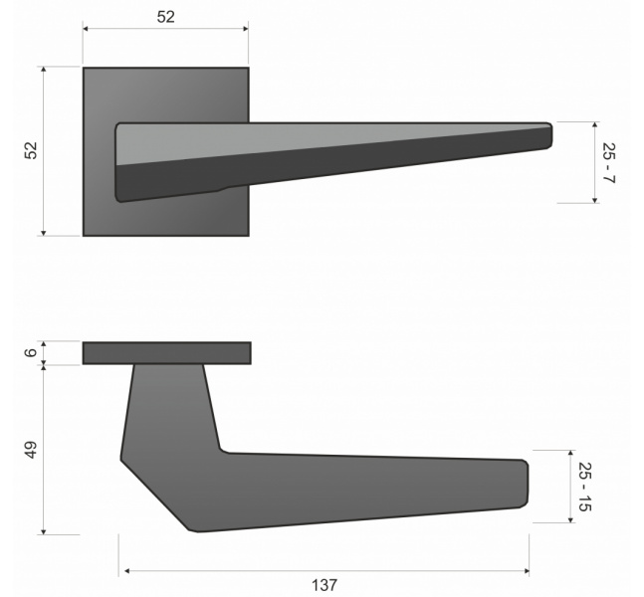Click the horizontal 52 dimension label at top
(x=166, y=17)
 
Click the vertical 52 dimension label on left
(x=31, y=150)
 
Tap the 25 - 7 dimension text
(x=608, y=162)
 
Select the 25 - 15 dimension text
(x=585, y=487)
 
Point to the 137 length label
(x=324, y=585)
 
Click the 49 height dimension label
(x=31, y=450)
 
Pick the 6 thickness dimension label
(x=31, y=352)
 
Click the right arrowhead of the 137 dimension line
(x=527, y=571)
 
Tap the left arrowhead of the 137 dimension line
(x=127, y=571)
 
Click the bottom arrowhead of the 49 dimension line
(x=44, y=531)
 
